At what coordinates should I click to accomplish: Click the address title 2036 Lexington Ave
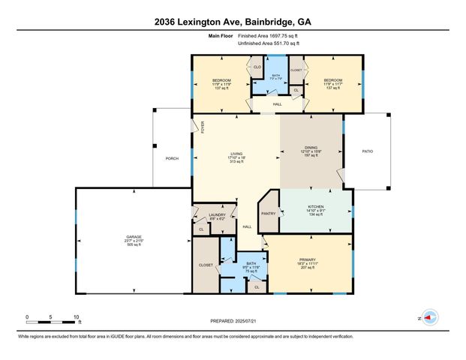coord(233,22)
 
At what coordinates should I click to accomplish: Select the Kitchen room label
coord(316,205)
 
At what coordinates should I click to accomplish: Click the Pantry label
coord(268,214)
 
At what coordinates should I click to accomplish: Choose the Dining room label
coord(310,148)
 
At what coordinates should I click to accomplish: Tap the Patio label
coord(368,151)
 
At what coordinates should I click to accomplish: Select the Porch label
coord(172,158)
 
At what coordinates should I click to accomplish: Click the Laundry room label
coord(217,215)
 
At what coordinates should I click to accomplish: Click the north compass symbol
coord(430,317)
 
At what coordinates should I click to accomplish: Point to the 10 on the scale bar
coord(76,316)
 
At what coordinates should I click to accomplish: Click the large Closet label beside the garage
coord(206,265)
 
